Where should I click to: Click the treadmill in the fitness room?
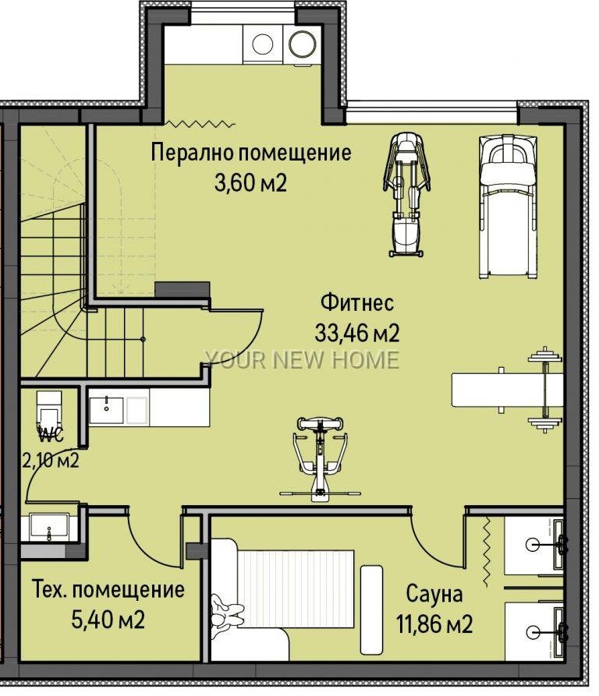(x=509, y=207)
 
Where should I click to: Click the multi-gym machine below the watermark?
(x=320, y=458)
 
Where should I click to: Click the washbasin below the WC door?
(x=49, y=528)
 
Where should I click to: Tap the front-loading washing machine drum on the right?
(x=303, y=43)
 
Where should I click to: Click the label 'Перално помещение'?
(x=251, y=152)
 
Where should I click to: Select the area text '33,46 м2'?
(x=357, y=333)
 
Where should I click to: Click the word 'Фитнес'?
(x=357, y=302)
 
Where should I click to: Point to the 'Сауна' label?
(x=434, y=593)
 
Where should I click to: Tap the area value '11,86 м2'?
(x=434, y=624)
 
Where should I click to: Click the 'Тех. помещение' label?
(x=108, y=590)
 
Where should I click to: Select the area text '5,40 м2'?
(x=108, y=620)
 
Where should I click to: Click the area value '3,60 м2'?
(x=251, y=182)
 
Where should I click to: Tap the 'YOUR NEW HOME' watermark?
(x=302, y=360)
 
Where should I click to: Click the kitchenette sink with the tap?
(x=107, y=410)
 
